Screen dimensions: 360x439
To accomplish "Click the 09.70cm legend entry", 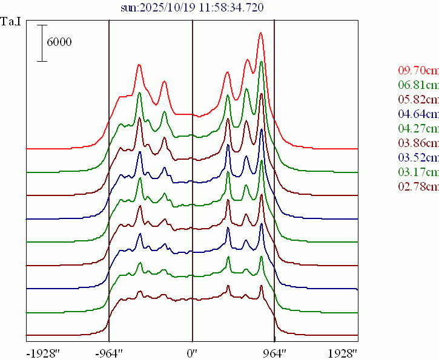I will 418,70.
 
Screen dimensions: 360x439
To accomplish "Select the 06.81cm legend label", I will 418,84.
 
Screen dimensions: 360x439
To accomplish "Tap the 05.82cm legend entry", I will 418,99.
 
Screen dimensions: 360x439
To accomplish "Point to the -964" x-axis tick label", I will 110,352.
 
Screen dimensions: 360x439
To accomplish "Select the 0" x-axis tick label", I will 192,352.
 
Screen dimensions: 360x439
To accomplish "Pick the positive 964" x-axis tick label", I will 274,352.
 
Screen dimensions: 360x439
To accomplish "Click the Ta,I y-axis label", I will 12,22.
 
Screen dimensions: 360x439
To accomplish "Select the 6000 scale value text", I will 59,42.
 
